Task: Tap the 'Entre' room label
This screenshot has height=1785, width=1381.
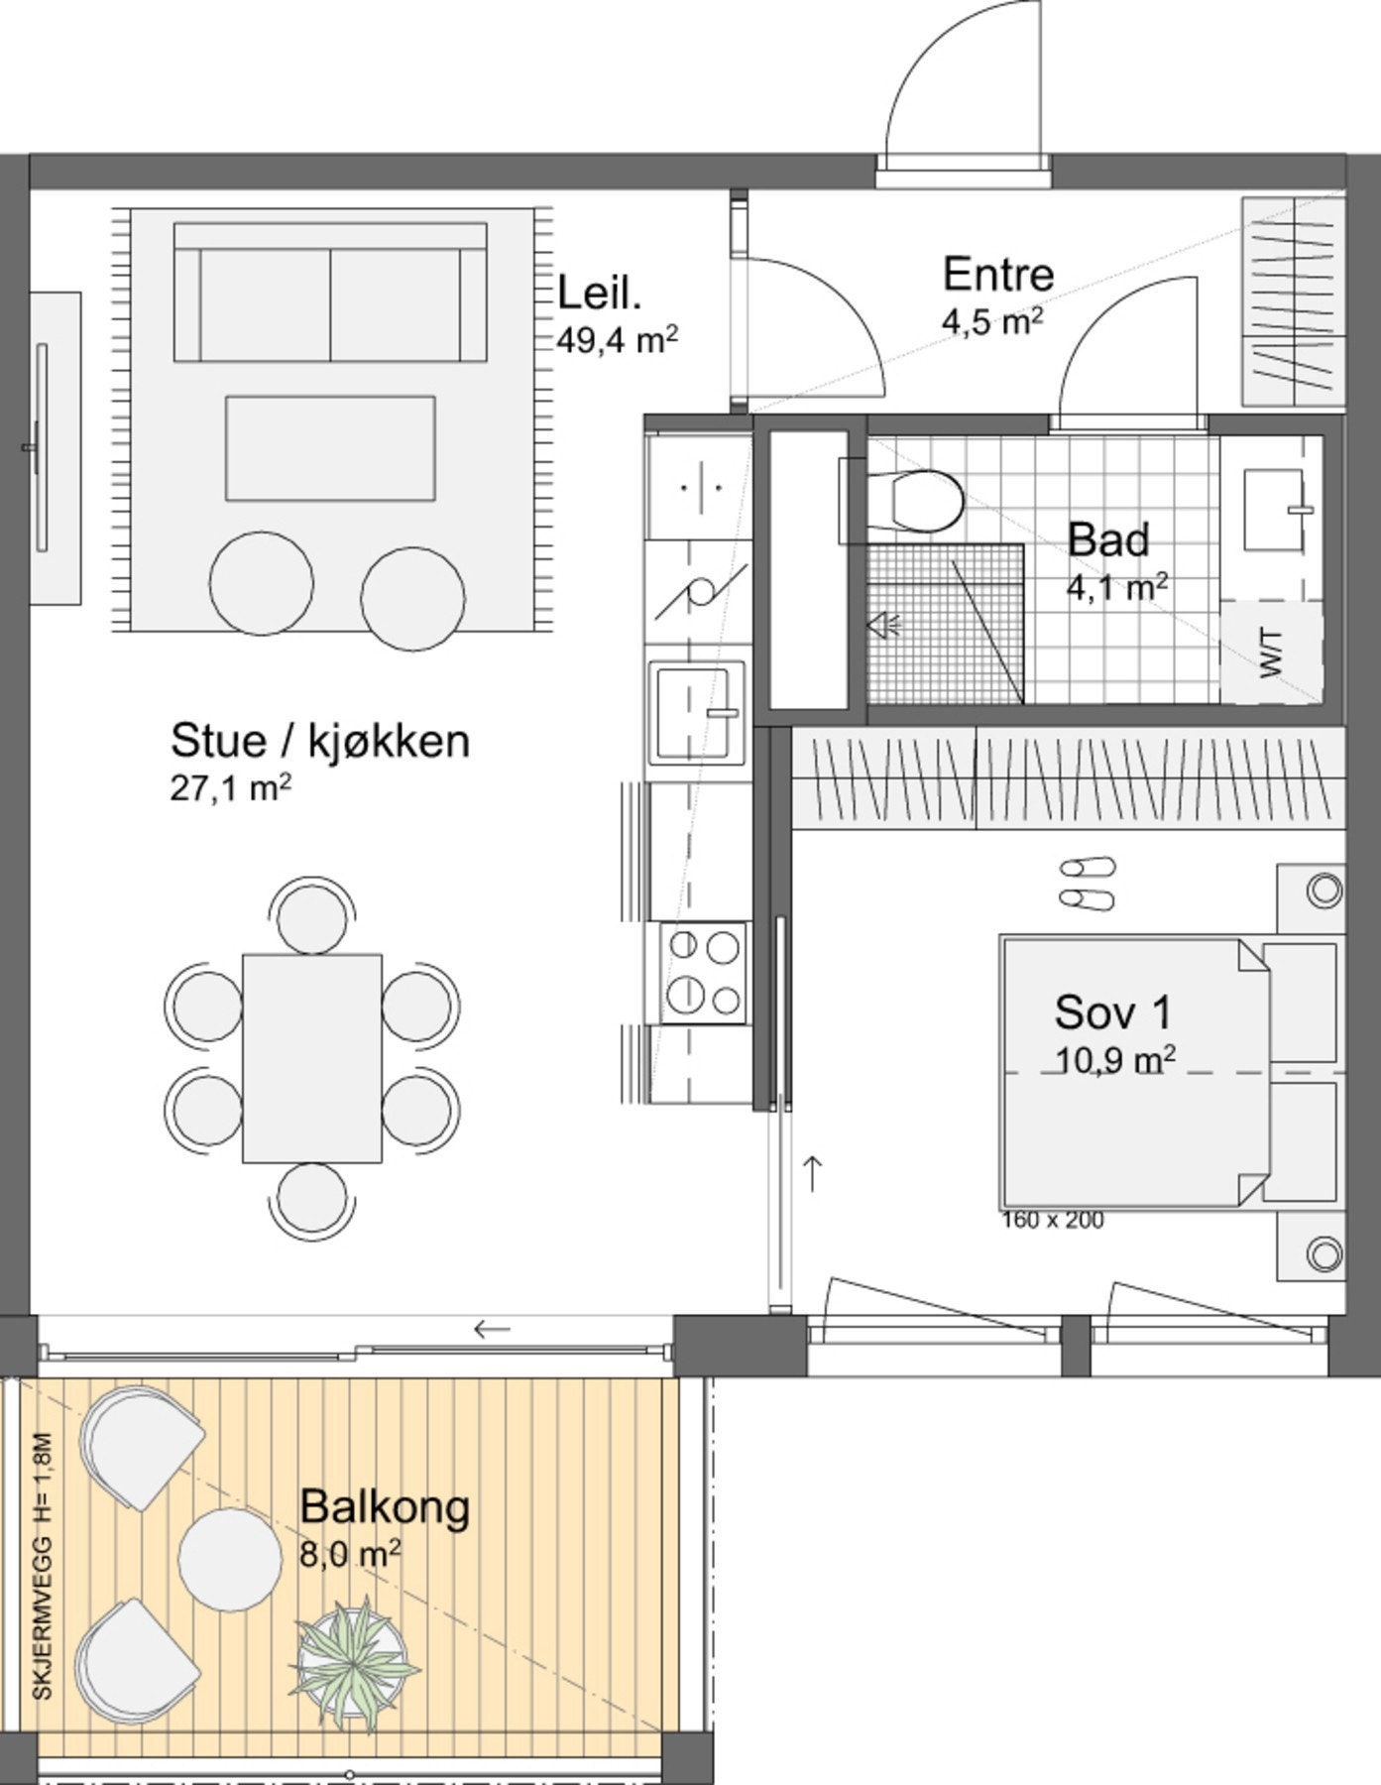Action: tap(997, 275)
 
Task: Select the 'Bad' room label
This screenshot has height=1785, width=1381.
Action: tap(1108, 539)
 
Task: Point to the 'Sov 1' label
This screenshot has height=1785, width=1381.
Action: tap(1112, 1011)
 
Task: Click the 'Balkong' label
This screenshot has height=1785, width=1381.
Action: tap(385, 1506)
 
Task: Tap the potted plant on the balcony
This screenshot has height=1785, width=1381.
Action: tap(354, 1671)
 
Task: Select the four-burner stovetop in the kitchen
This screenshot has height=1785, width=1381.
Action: tap(705, 973)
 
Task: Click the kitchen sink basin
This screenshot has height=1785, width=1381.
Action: tap(696, 711)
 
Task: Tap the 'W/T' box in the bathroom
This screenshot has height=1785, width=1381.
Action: tap(1272, 652)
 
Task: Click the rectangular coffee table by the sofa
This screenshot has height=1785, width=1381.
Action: tap(330, 448)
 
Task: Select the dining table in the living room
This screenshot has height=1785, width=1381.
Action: tap(312, 1058)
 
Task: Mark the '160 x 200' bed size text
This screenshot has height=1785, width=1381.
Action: tap(1052, 1221)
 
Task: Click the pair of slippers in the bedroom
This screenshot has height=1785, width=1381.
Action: tap(1087, 883)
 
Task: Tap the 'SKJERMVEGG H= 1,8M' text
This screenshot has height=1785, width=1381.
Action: tap(42, 1566)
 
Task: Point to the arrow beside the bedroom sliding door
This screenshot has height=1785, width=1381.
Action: tap(813, 1172)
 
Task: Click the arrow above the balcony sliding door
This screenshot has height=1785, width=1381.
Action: tap(492, 1328)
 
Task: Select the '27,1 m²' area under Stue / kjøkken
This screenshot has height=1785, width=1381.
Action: tap(230, 788)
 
